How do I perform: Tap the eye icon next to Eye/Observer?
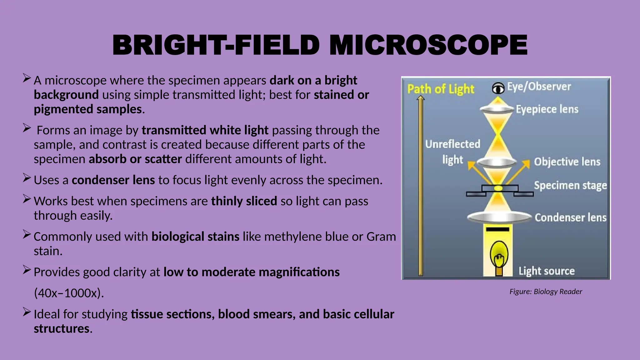[x=498, y=88]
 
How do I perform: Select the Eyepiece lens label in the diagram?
[x=547, y=109]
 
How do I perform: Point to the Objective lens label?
[x=567, y=162]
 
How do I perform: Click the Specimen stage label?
[x=570, y=185]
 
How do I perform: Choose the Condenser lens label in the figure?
[x=570, y=217]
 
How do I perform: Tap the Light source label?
[x=546, y=271]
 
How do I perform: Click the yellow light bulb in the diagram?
[x=499, y=255]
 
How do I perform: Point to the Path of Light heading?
[x=441, y=89]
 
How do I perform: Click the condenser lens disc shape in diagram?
[x=499, y=217]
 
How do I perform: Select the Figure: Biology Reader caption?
[x=546, y=292]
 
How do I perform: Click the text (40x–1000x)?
[x=69, y=293]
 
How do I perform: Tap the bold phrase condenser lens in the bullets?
[x=113, y=180]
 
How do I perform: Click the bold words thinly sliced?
[x=244, y=201]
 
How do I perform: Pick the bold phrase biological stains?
[x=195, y=237]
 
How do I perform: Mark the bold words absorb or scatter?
[x=135, y=159]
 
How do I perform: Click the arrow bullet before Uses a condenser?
[x=27, y=178]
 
